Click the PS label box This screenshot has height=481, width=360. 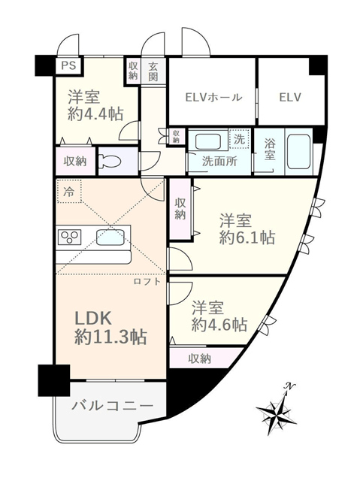(x=68, y=65)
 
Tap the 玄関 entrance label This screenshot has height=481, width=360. (x=153, y=71)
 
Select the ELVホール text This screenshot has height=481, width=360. (x=213, y=97)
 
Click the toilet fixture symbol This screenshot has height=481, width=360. (x=110, y=161)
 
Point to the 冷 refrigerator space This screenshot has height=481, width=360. (x=68, y=192)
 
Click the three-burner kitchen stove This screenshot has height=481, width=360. (x=70, y=237)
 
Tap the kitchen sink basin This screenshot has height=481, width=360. (x=110, y=237)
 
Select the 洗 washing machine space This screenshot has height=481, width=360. (x=240, y=139)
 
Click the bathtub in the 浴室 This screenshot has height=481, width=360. (x=299, y=152)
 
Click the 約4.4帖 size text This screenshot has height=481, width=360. (x=95, y=114)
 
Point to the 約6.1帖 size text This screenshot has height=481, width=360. (x=247, y=237)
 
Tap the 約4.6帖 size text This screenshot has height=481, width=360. (x=219, y=324)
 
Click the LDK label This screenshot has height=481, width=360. (x=93, y=319)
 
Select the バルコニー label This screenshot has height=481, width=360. (x=112, y=406)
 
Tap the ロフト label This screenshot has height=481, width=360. (x=147, y=281)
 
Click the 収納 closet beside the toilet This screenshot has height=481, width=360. (x=75, y=161)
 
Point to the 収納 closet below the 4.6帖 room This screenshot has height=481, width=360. (x=200, y=358)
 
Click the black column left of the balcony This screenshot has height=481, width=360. (x=53, y=380)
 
